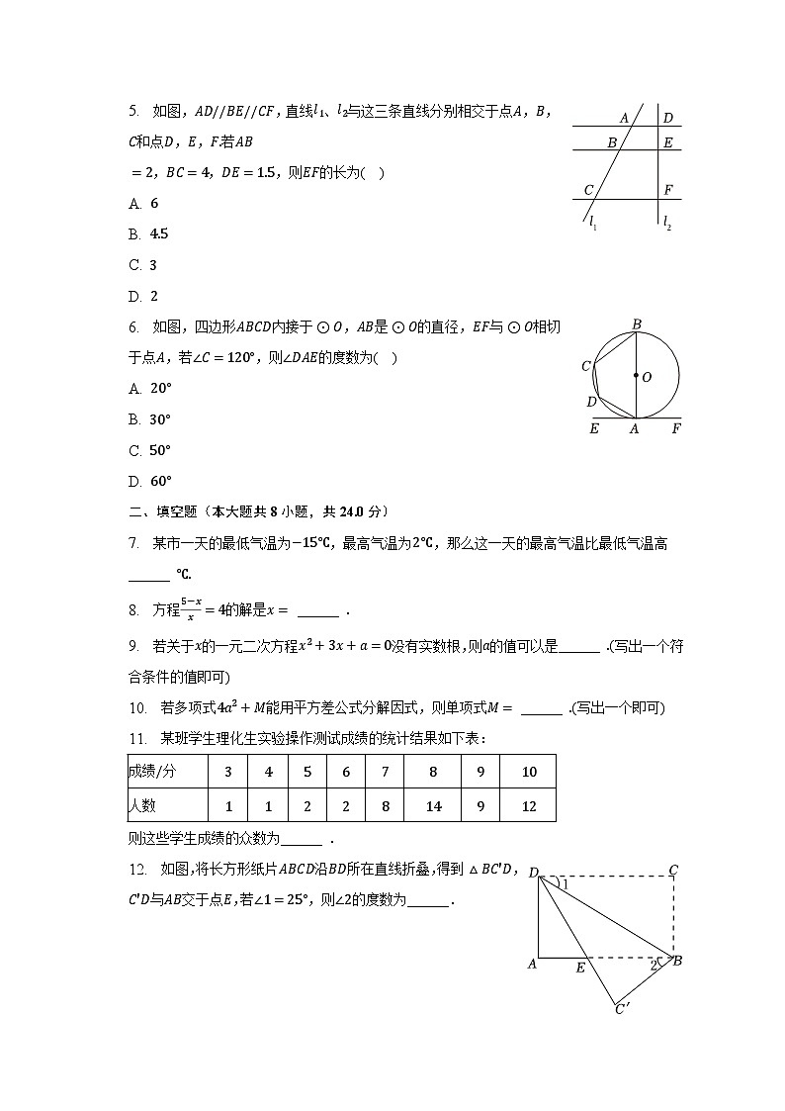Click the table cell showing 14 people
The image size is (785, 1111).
[x=433, y=805]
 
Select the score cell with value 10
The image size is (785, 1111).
[x=529, y=772]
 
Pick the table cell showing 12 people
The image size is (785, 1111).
[x=529, y=805]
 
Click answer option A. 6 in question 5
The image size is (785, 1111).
[x=144, y=204]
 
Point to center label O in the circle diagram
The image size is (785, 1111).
[x=647, y=377]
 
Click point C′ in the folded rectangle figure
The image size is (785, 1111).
[x=622, y=1009]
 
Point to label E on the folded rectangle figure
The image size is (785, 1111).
[x=580, y=968]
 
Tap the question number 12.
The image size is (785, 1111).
[x=138, y=870]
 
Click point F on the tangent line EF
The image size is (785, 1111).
[x=676, y=428]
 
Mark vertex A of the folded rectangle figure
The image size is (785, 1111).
[x=532, y=964]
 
